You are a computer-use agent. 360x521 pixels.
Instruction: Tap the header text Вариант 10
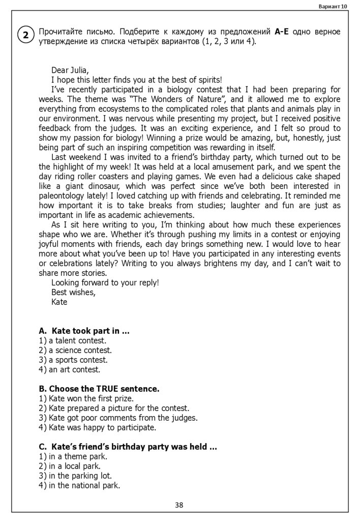coord(333,6)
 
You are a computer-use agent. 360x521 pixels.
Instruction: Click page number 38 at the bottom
coord(179,505)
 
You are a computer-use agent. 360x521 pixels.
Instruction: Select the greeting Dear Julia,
coord(70,70)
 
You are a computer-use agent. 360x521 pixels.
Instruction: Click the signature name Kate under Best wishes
coord(59,302)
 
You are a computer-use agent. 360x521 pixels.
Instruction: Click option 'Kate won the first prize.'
coord(86,398)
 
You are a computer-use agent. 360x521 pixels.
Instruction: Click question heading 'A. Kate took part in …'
coord(84,331)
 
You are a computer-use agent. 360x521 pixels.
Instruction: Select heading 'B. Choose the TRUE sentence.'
coord(99,389)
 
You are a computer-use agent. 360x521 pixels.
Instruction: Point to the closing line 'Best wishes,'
coord(73,292)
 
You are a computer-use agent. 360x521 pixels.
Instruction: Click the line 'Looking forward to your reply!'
coord(105,282)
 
